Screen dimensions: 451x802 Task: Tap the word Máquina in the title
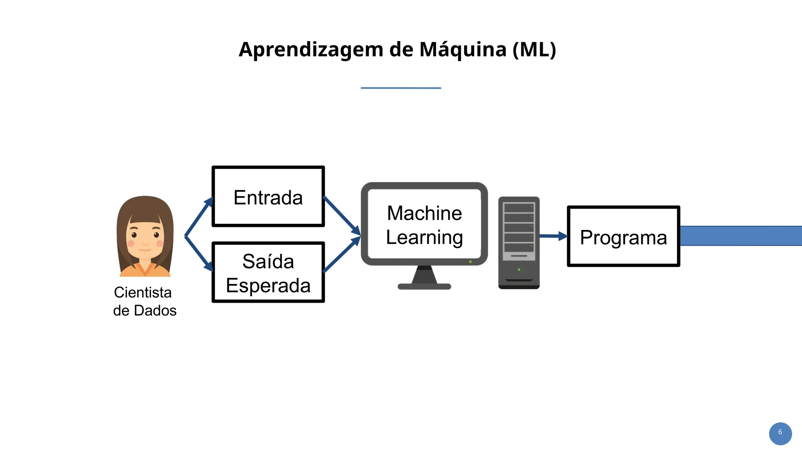click(x=463, y=50)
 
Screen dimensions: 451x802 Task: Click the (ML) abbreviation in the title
click(x=534, y=50)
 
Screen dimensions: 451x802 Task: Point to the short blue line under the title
click(x=401, y=88)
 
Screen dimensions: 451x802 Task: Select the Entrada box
click(x=268, y=197)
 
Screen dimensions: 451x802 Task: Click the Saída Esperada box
click(x=268, y=273)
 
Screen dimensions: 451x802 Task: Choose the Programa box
click(x=623, y=237)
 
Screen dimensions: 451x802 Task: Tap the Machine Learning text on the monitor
click(x=424, y=225)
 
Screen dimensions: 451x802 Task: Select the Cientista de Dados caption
click(x=145, y=301)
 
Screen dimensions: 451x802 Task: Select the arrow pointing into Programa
click(x=553, y=236)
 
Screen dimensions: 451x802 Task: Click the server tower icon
click(x=519, y=243)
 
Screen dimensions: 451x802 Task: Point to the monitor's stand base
click(x=424, y=286)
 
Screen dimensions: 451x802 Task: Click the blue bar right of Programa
click(x=740, y=236)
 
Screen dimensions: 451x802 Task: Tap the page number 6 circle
click(x=780, y=433)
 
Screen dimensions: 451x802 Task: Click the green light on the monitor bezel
click(x=470, y=262)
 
